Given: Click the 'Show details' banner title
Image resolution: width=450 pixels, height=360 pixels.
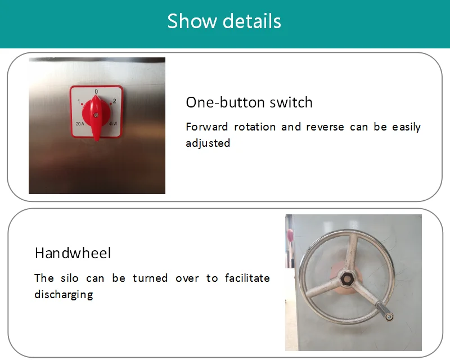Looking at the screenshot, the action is click(224, 21).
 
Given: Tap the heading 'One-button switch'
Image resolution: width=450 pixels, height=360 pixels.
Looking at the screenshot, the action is click(249, 102).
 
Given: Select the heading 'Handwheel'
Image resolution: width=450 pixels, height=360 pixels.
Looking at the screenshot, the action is click(73, 253).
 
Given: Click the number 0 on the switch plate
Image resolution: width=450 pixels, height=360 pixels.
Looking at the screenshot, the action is click(96, 91).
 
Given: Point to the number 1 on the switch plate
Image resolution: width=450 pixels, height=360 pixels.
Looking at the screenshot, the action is click(79, 101).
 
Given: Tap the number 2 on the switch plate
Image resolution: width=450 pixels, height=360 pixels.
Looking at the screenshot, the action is click(115, 101).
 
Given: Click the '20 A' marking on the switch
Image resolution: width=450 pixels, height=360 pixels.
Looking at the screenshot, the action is click(80, 124).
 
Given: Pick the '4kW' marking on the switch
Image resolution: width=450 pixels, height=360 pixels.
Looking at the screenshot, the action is click(113, 124).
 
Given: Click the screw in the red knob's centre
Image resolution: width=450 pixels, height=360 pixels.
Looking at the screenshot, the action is click(96, 115).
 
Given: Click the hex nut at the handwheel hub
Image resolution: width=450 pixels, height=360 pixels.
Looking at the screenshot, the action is click(346, 278).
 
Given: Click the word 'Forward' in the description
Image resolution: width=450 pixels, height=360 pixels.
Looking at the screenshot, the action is click(207, 127).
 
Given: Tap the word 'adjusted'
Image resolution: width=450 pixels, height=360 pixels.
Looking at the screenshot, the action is click(208, 143).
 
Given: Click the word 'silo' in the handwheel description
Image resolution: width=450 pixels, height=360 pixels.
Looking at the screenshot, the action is click(69, 278).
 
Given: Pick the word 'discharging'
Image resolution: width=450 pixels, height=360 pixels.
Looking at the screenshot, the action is click(64, 295).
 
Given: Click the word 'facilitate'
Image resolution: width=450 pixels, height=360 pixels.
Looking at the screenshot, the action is click(247, 278).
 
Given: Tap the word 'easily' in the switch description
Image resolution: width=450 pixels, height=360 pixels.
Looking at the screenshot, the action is click(406, 127).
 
